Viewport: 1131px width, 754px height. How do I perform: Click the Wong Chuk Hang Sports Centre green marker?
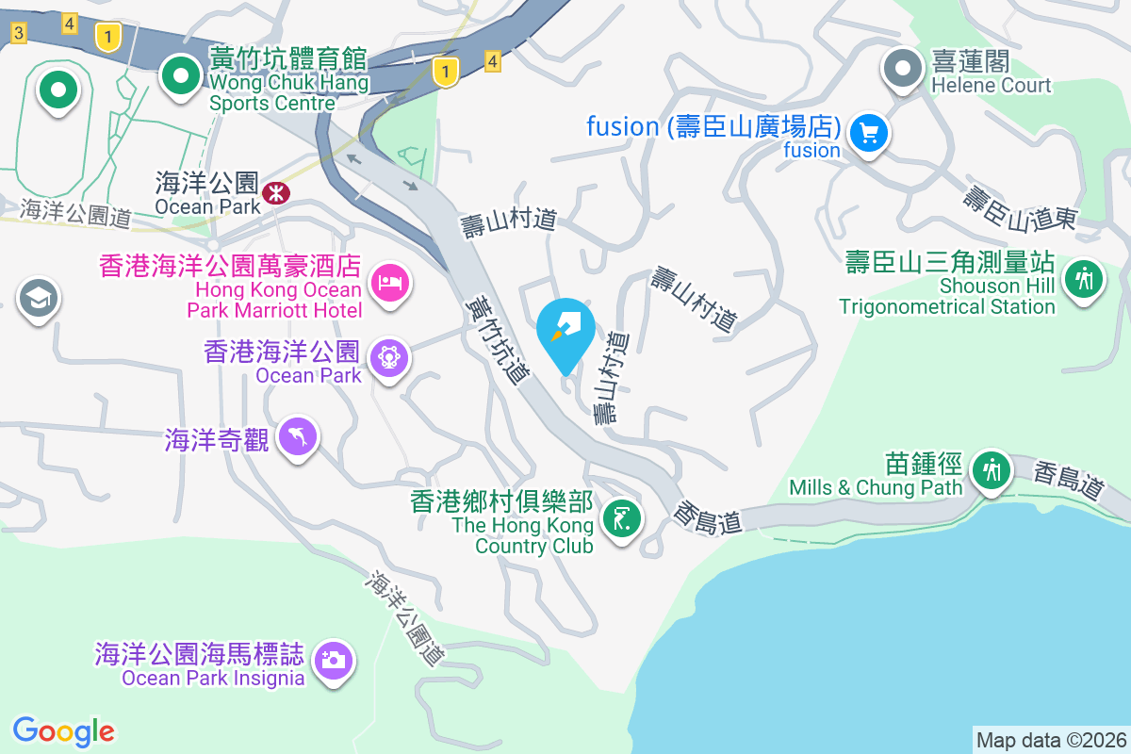[x=179, y=76]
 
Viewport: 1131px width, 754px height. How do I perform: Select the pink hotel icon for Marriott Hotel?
[x=390, y=282]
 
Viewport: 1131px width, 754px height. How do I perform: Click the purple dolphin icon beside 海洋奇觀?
[x=298, y=436]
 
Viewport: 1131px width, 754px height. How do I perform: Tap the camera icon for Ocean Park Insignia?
[x=334, y=660]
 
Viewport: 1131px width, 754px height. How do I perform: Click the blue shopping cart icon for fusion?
[x=868, y=133]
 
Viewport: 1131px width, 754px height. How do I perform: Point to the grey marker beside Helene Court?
[x=903, y=69]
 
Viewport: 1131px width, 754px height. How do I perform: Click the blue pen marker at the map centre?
[x=565, y=332]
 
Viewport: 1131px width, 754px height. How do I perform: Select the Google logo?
[x=64, y=730]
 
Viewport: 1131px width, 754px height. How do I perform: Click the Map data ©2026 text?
[x=1050, y=740]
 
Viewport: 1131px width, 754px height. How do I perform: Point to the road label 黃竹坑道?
[x=498, y=339]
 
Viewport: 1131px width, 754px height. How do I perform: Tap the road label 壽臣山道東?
[x=1020, y=209]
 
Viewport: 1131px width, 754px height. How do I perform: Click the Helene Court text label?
[x=991, y=86]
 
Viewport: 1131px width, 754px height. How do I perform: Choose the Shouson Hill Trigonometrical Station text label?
[x=947, y=296]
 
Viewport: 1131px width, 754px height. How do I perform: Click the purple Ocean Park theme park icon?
[x=389, y=357]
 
